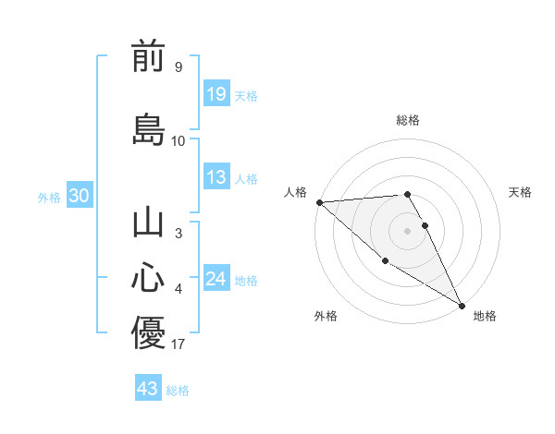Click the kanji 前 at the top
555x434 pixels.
(x=148, y=57)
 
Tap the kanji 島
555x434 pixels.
(x=148, y=128)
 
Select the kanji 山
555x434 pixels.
(x=148, y=224)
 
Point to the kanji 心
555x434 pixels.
(x=148, y=277)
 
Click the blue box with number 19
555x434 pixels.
(x=216, y=94)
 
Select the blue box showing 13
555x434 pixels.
(x=216, y=178)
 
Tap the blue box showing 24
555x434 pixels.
(x=216, y=279)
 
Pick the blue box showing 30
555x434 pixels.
(x=79, y=196)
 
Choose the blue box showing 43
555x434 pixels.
(x=148, y=389)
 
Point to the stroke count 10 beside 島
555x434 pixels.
(x=179, y=140)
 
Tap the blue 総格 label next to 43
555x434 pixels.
(x=178, y=390)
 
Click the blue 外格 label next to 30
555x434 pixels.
(x=49, y=197)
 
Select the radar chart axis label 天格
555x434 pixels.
(x=520, y=191)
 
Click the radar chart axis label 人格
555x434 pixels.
(x=295, y=191)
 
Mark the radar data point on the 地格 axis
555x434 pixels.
(x=462, y=306)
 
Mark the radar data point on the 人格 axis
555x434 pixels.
(x=319, y=202)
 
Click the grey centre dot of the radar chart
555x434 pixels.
(x=407, y=231)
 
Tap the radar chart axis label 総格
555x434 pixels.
(x=407, y=120)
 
